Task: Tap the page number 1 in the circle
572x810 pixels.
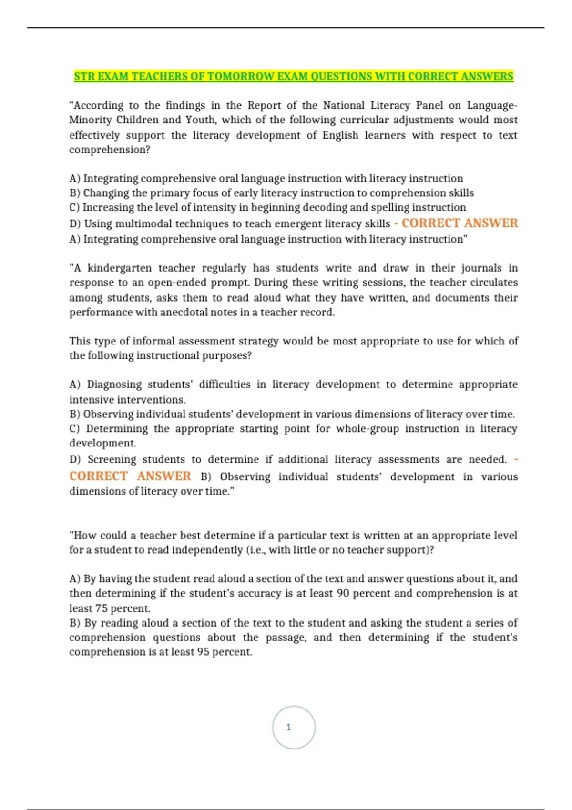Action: pyautogui.click(x=288, y=727)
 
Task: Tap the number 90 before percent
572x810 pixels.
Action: pyautogui.click(x=343, y=593)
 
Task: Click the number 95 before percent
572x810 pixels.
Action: pyautogui.click(x=203, y=651)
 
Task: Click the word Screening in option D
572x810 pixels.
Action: pyautogui.click(x=112, y=459)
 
